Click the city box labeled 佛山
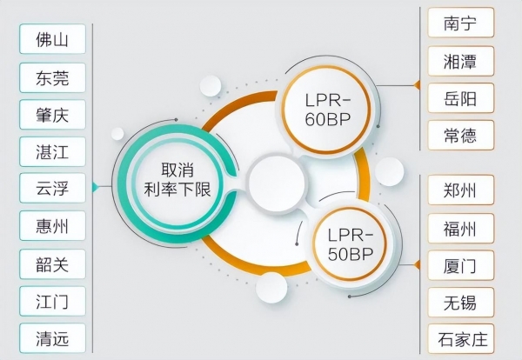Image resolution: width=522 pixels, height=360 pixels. point(52,39)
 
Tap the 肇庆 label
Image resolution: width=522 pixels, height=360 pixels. point(52,114)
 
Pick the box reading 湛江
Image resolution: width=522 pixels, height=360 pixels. point(52,151)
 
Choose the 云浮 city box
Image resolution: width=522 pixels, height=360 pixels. point(52,188)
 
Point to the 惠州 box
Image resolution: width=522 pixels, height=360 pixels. point(52,226)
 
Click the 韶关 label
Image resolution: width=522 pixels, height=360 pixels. point(52,263)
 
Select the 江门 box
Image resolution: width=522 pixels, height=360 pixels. point(52,301)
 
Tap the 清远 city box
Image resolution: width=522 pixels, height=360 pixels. point(52,338)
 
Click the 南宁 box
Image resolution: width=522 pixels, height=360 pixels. point(461,22)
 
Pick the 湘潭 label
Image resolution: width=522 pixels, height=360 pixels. point(461,59)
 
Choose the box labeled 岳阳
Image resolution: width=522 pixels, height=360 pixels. point(461,97)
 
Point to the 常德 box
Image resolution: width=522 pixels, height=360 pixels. point(461,135)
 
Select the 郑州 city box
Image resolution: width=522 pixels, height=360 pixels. point(461,190)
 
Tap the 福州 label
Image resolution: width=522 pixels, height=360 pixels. point(461,228)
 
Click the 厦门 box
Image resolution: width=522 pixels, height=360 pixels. point(461,264)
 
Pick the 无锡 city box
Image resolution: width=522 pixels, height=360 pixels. point(461,302)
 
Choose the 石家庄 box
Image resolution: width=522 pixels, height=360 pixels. point(461,339)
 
